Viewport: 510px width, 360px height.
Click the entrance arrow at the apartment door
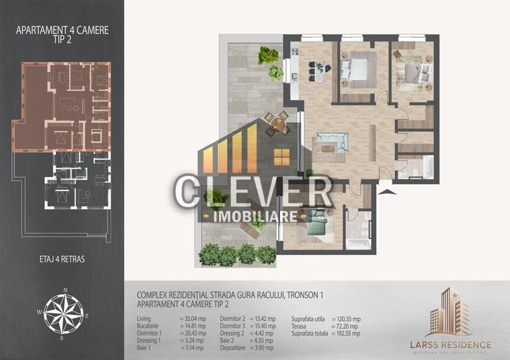386,190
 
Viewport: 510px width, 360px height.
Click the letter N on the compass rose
65,290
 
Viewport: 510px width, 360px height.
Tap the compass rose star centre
65,314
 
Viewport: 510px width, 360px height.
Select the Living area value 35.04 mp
193,318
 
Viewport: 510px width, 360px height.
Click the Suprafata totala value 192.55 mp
347,333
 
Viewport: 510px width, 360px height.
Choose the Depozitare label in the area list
234,347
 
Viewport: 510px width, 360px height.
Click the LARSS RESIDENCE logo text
450,345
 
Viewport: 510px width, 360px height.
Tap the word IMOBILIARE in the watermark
255,217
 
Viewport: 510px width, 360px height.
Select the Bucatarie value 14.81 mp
192,325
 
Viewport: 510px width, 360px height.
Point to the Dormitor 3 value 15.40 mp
262,325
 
